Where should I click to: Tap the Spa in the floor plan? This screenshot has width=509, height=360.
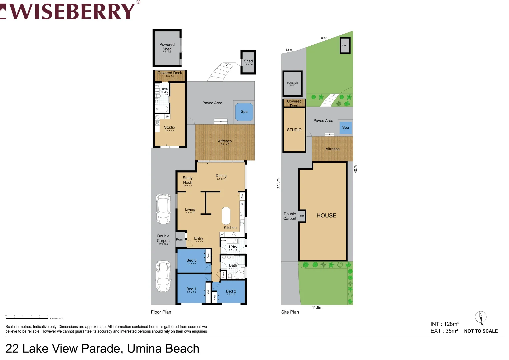point(244,112)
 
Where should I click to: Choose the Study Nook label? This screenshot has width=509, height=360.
point(187,181)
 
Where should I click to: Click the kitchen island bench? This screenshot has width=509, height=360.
point(226,216)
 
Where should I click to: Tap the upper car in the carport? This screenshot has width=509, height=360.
point(163,209)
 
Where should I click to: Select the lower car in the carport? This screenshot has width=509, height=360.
point(163,276)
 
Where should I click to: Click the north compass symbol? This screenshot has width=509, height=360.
point(481,317)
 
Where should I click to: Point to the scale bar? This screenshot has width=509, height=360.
point(27,318)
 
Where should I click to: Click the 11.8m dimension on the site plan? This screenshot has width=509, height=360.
point(317,308)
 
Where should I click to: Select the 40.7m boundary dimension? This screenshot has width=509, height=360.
point(356,168)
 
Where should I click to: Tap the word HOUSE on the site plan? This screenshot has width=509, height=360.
point(326,216)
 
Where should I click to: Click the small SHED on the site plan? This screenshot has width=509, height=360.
point(345,46)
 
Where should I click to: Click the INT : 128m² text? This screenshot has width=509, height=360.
point(445,324)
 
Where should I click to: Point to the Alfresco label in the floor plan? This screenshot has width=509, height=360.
point(225,142)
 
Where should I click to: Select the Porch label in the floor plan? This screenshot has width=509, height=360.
point(180,239)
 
